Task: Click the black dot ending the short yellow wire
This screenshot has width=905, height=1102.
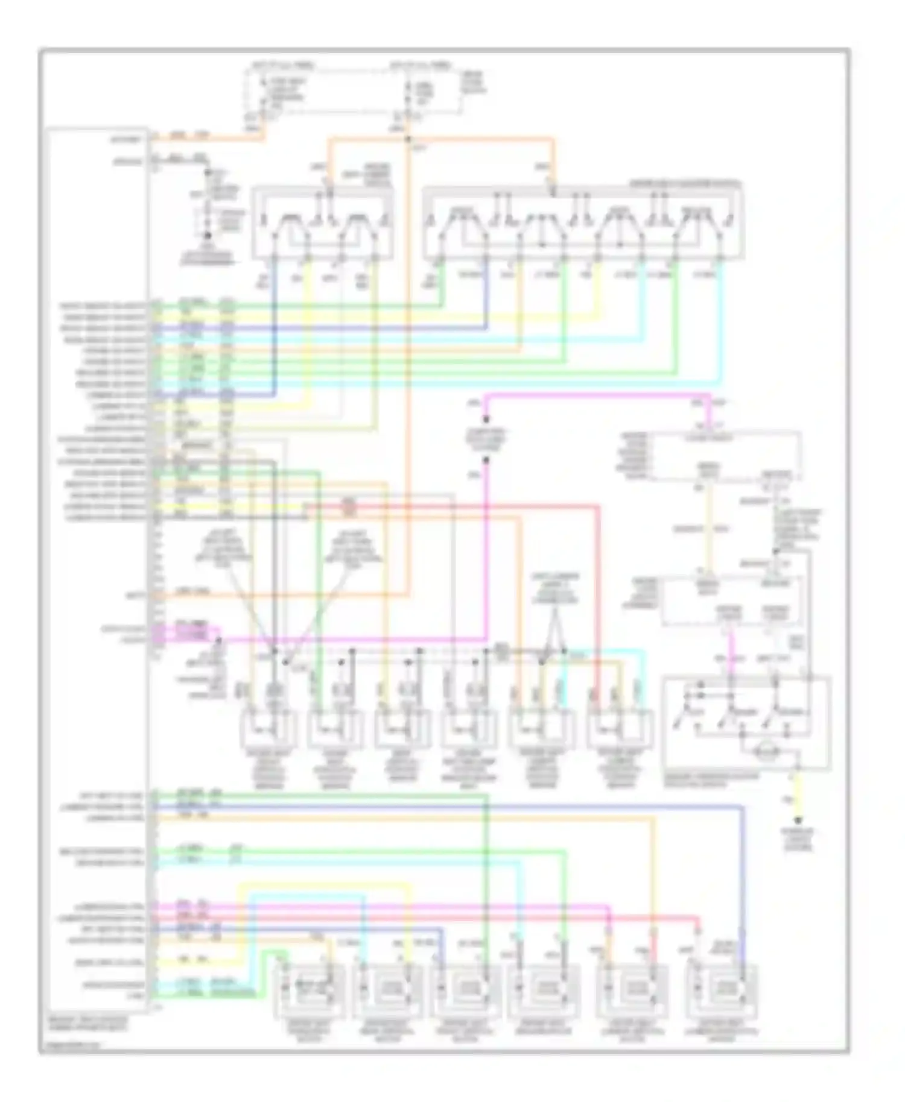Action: (798, 820)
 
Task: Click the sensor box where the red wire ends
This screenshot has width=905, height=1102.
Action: (620, 731)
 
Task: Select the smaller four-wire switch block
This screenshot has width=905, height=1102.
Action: (323, 223)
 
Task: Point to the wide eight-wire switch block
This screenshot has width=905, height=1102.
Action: (583, 223)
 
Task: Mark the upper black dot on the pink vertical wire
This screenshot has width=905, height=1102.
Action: (486, 420)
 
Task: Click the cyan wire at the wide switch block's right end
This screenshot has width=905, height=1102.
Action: (720, 326)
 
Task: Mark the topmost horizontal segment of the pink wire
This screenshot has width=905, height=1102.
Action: (597, 395)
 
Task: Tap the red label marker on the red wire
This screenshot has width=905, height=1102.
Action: (348, 508)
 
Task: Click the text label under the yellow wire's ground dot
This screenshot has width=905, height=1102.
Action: (798, 839)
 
